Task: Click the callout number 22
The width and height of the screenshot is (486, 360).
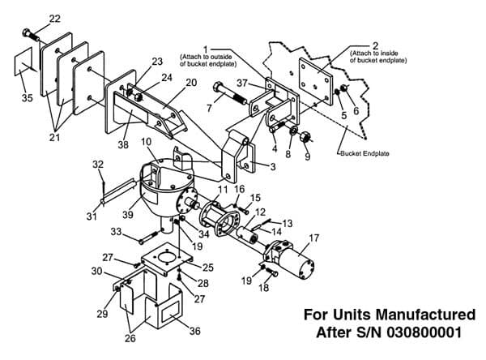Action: coord(54,19)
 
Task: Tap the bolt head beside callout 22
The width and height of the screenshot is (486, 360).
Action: coord(27,32)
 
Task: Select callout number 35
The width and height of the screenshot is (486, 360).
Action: coord(28,98)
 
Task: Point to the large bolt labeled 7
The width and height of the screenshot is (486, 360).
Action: coord(230,92)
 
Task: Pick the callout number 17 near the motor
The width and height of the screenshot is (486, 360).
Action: coord(314,238)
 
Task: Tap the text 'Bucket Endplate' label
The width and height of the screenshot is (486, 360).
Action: coord(364,153)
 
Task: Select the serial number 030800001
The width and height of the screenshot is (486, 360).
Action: coord(424,332)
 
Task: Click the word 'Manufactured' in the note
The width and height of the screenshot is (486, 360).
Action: coord(425,315)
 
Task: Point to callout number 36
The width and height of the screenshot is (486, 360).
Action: coord(194,331)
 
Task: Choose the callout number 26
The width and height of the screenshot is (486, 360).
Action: coord(130,338)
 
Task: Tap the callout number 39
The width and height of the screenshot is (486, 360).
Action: coord(128,214)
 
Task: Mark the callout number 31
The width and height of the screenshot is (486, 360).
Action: coord(92,216)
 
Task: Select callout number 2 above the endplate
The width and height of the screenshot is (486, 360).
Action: coord(375,46)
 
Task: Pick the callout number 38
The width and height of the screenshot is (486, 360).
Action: coord(123,144)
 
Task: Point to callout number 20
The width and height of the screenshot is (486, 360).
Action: coord(191,83)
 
